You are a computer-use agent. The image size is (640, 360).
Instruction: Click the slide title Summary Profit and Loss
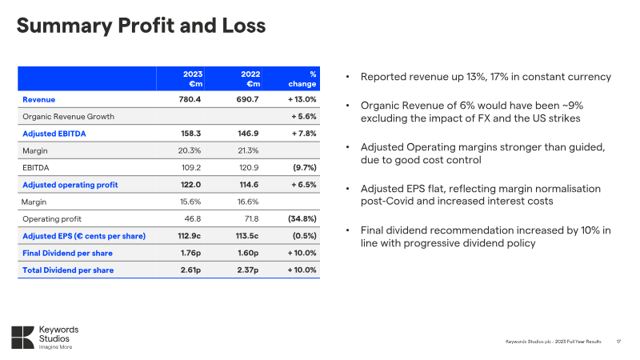point(142,27)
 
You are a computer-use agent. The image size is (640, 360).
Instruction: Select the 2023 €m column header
point(190,78)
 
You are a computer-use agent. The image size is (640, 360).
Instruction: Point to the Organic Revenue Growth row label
point(68,116)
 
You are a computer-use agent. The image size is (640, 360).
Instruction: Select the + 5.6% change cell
point(302,116)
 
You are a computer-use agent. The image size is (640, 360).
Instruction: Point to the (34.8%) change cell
point(301,218)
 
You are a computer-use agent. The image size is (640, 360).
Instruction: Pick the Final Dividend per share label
point(68,253)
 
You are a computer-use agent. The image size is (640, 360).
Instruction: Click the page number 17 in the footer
point(618,342)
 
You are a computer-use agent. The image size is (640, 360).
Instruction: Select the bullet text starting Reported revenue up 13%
point(486,77)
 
